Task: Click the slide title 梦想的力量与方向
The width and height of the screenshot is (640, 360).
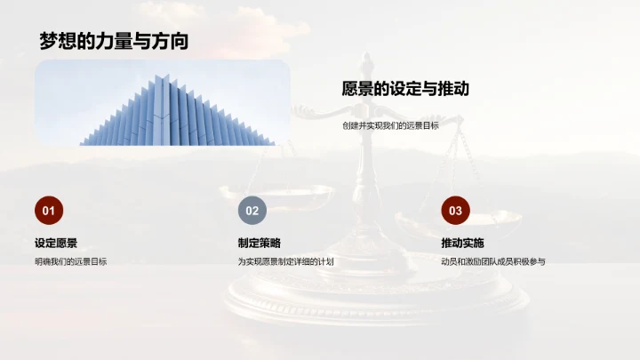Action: [x=113, y=41]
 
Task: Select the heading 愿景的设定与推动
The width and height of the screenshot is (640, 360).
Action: [x=405, y=89]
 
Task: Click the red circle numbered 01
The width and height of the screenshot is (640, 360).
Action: [x=49, y=211]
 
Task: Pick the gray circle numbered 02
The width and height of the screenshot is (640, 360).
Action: [x=252, y=211]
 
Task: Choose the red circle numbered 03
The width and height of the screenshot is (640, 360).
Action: [x=455, y=211]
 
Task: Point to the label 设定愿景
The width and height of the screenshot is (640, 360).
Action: [x=56, y=243]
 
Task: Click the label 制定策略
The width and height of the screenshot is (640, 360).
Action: [x=260, y=243]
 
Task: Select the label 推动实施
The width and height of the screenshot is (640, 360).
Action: [x=462, y=243]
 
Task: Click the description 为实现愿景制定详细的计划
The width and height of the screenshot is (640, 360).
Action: [x=285, y=261]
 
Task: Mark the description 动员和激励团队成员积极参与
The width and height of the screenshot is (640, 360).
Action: [x=492, y=261]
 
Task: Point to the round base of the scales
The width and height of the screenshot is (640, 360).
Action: [x=373, y=298]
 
